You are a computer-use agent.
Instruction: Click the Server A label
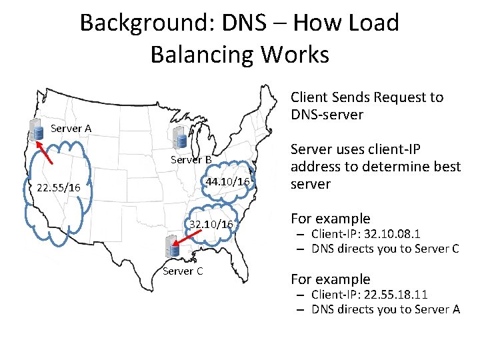[71, 128]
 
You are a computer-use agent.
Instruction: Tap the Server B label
[191, 159]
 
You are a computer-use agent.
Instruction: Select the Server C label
[183, 271]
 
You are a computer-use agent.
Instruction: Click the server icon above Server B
[180, 139]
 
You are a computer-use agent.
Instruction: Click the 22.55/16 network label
[58, 188]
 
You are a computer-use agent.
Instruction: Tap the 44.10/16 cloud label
[228, 182]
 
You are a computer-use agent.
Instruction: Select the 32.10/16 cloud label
[211, 224]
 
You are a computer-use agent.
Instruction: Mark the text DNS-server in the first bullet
[327, 115]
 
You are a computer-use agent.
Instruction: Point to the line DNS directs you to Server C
[385, 249]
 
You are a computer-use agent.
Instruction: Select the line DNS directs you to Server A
[385, 309]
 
